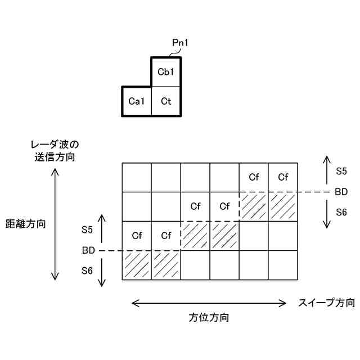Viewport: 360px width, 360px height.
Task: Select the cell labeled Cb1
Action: pos(165,72)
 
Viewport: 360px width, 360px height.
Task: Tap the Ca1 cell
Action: pos(137,101)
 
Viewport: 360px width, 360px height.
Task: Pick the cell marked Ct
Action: pos(165,101)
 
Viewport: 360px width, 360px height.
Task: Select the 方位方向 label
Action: pos(209,317)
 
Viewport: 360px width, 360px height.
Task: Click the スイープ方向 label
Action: pos(327,303)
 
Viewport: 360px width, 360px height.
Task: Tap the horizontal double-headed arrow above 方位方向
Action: pos(209,303)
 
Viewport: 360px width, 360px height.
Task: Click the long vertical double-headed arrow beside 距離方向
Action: pos(55,223)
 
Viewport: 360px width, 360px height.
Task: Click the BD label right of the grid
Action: pos(341,192)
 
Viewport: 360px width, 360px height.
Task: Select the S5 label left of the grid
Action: pos(87,229)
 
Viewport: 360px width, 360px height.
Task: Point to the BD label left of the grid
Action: pos(87,250)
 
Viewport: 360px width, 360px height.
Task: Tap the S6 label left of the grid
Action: pos(87,271)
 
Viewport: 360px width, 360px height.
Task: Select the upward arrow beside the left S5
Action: pos(102,228)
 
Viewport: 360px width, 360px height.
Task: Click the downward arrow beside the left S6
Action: pos(102,272)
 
